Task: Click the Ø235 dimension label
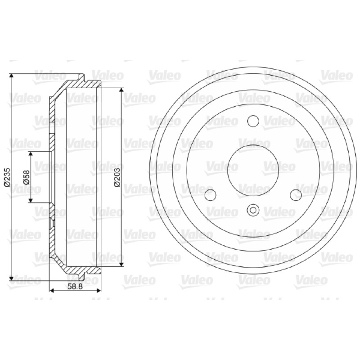(7, 177)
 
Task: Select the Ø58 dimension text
(27, 177)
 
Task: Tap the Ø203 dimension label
(117, 177)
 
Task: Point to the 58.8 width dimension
(75, 287)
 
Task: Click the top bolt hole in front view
(253, 121)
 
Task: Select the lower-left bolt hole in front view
(210, 195)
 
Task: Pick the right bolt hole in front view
(296, 195)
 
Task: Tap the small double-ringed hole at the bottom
(253, 210)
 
